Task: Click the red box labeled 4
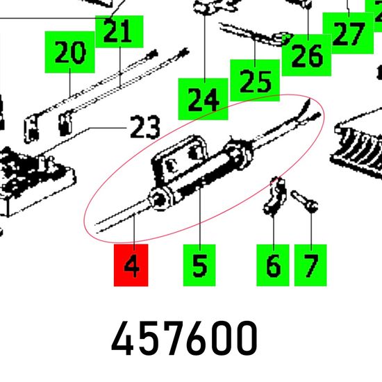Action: [131, 265]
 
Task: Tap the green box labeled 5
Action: [199, 265]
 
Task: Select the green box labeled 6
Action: [273, 265]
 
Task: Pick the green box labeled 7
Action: [310, 265]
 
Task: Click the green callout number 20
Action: [69, 52]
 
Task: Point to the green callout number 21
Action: [119, 31]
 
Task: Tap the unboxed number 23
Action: [145, 127]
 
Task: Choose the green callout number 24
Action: [203, 99]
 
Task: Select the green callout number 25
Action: [255, 80]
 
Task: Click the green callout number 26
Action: [306, 55]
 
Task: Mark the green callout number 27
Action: [348, 33]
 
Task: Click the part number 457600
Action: [184, 338]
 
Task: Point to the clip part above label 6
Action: [274, 197]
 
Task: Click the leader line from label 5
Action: [200, 217]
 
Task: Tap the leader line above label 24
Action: [205, 47]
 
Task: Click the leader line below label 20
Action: [70, 83]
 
